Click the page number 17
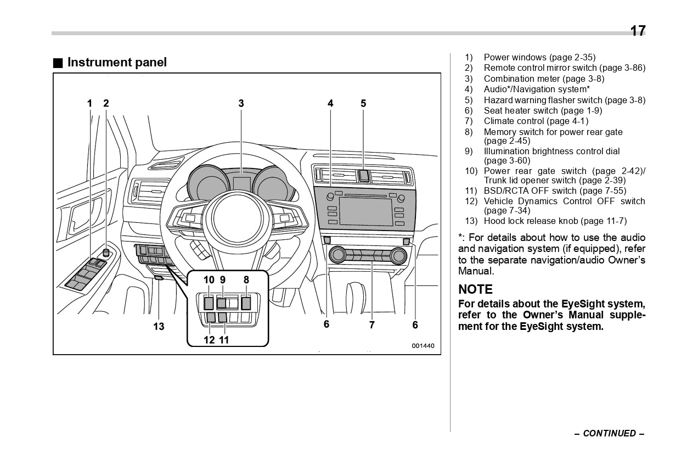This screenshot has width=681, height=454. click(638, 31)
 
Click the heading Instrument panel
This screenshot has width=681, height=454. click(116, 63)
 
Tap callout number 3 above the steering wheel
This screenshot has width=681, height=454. click(241, 103)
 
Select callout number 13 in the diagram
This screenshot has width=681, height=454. click(159, 327)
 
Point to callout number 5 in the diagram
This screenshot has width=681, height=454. click(363, 103)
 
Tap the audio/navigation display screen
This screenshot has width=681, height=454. click(365, 212)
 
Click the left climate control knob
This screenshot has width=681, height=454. click(337, 255)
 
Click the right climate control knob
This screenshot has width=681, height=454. click(398, 256)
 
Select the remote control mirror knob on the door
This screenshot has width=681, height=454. click(105, 254)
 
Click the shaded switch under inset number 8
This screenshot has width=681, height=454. click(246, 302)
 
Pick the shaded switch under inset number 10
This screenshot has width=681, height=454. click(209, 302)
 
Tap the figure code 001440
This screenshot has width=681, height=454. click(423, 346)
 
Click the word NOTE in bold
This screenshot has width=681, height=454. click(475, 289)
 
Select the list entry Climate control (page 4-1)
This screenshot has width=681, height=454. click(536, 121)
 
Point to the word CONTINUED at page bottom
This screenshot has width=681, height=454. click(609, 434)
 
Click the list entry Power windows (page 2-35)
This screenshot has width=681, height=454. click(539, 58)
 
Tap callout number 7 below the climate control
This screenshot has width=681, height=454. click(372, 325)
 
